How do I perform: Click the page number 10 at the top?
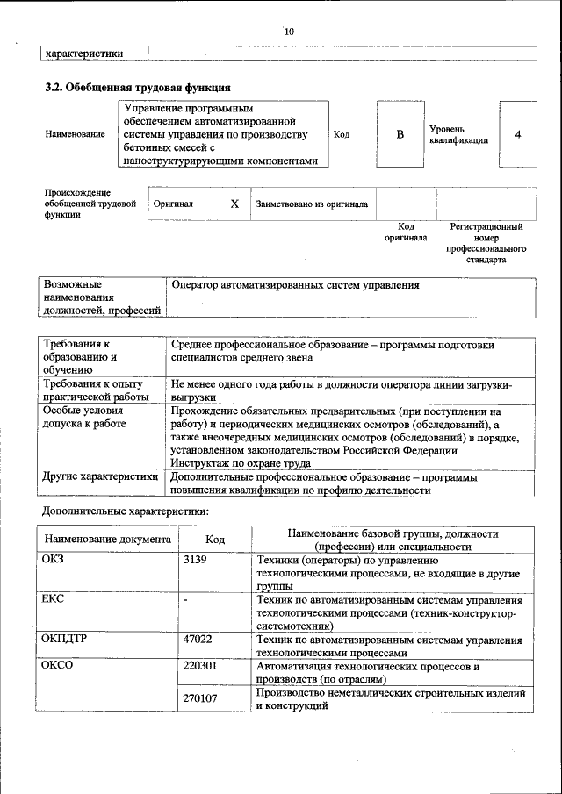(x=289, y=32)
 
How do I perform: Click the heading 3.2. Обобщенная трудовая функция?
(x=138, y=88)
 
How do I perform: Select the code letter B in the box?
(x=400, y=134)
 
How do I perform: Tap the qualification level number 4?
(x=518, y=134)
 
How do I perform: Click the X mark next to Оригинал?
(x=234, y=204)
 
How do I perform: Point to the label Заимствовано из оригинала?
(x=312, y=204)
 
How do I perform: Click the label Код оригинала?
(x=406, y=232)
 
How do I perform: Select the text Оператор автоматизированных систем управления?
(x=295, y=285)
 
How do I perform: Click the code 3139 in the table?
(x=195, y=559)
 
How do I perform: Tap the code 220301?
(x=200, y=667)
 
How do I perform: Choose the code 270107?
(x=200, y=698)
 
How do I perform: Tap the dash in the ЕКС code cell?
(x=186, y=599)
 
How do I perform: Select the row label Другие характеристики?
(x=100, y=477)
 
